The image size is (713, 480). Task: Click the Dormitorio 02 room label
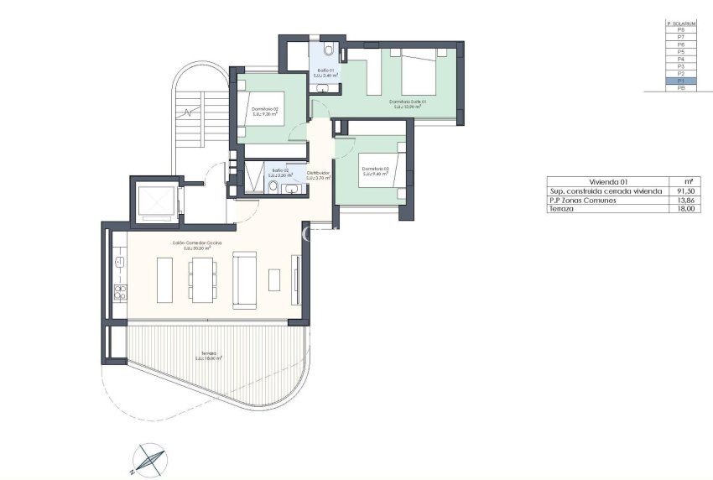pyautogui.click(x=264, y=108)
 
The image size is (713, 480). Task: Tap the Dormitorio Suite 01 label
pyautogui.click(x=408, y=102)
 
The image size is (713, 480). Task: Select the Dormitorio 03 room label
pyautogui.click(x=373, y=169)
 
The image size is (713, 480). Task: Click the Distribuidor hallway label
pyautogui.click(x=317, y=173)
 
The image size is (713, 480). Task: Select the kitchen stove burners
pyautogui.click(x=119, y=292)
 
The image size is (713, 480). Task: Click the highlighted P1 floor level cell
pyautogui.click(x=680, y=81)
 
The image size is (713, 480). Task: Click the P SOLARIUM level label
pyautogui.click(x=680, y=23)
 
